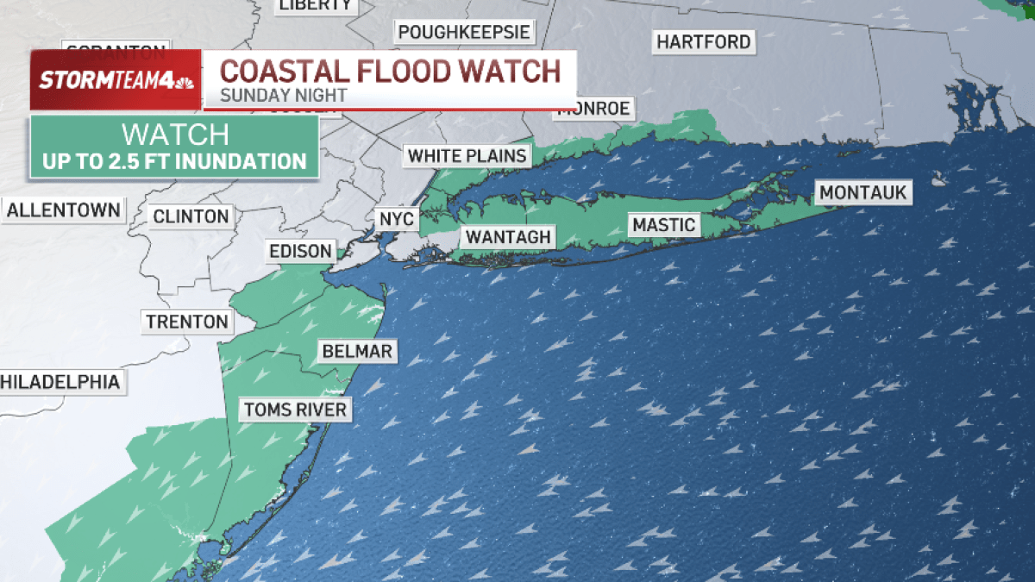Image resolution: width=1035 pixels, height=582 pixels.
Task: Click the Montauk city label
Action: (863, 192)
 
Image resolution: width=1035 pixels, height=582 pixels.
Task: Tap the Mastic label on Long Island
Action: (663, 225)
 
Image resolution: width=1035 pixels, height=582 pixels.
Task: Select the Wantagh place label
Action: (508, 237)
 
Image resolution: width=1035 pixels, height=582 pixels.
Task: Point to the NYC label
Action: (397, 219)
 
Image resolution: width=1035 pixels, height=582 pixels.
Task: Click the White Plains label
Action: (467, 156)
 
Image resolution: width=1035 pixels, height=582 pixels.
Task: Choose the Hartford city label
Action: (704, 41)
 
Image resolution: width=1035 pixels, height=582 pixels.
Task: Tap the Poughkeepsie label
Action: (465, 33)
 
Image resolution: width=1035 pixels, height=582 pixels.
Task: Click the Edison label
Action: (300, 251)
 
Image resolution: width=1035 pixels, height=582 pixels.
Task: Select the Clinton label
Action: (191, 216)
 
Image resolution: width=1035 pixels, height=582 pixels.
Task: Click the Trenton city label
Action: (187, 322)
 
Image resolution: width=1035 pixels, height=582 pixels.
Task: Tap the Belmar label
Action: (357, 351)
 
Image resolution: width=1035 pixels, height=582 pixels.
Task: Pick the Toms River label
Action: (295, 409)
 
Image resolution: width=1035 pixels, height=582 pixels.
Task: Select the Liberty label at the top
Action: (316, 5)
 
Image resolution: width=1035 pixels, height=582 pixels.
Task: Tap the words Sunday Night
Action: (283, 95)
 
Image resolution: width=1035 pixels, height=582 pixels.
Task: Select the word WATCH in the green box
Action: (175, 135)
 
